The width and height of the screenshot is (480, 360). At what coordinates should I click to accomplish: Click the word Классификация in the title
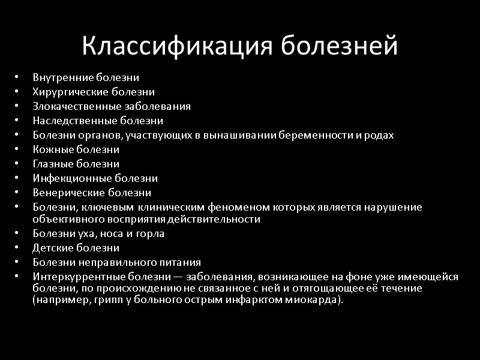click(x=178, y=46)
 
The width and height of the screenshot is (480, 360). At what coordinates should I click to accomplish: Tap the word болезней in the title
click(x=340, y=46)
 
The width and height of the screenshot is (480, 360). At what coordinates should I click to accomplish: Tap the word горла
click(x=150, y=233)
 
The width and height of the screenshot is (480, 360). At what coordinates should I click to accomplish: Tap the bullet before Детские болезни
click(x=17, y=248)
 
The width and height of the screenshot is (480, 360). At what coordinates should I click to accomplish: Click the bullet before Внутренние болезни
click(x=17, y=77)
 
